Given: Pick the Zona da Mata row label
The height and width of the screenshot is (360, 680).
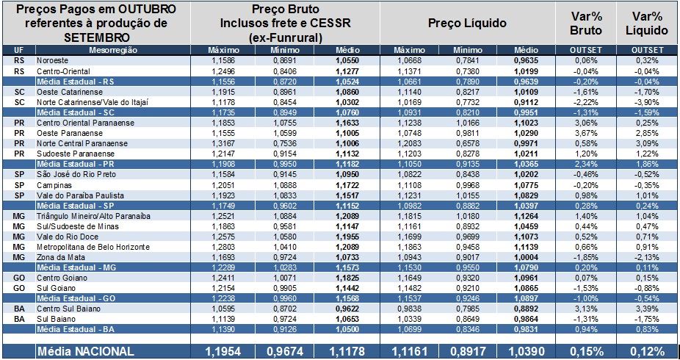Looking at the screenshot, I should tap(57, 258).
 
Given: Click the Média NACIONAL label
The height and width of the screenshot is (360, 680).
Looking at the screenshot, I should tap(85, 352).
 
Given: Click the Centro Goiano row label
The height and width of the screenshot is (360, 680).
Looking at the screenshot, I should tap(58, 278).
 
